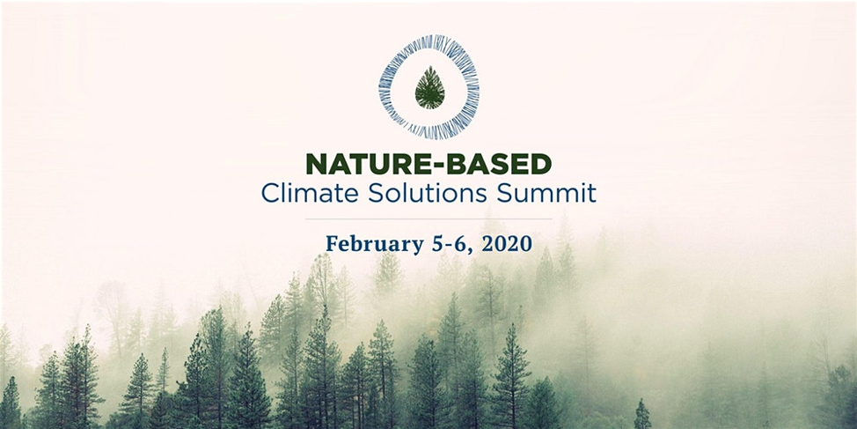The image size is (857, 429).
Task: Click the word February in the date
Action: click(375, 244)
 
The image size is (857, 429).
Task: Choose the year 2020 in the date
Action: click(507, 243)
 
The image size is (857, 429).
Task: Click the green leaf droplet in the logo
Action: click(429, 87)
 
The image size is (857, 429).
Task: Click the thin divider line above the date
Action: click(428, 218)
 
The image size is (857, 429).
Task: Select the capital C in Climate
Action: click(270, 194)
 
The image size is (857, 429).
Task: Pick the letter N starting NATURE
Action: click(316, 164)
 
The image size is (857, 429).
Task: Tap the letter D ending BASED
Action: click(542, 164)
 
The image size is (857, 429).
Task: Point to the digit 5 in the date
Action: click(437, 243)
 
